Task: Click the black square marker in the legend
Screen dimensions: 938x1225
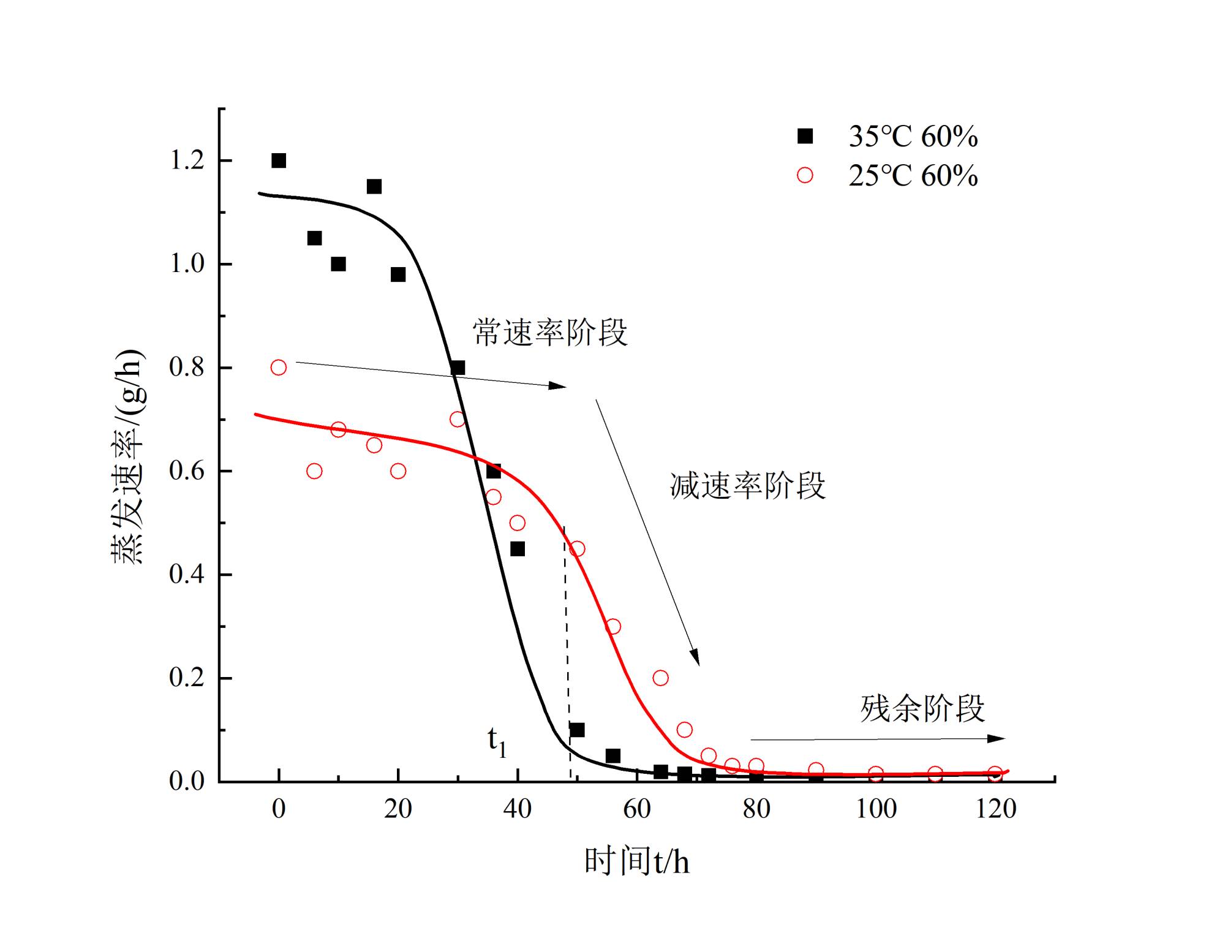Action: coord(805,136)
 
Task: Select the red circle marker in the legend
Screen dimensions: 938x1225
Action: coord(805,176)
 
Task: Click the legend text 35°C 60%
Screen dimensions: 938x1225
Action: coord(913,137)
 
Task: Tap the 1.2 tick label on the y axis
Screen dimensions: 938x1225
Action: coord(186,161)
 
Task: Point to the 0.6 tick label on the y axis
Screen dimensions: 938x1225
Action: coord(186,471)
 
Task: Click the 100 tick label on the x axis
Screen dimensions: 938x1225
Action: coord(876,809)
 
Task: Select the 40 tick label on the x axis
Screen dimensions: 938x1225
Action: coord(518,809)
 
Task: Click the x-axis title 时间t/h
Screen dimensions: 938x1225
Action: coord(637,861)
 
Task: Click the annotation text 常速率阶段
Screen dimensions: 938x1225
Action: coord(550,333)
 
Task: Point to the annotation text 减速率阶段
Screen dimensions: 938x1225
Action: coord(747,486)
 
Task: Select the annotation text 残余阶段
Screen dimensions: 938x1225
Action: coord(922,709)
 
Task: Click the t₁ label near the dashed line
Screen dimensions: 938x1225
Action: coord(497,742)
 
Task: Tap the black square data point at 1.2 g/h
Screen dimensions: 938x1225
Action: coord(279,161)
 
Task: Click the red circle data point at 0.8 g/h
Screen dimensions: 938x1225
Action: coord(279,368)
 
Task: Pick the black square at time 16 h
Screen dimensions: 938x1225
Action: coord(374,186)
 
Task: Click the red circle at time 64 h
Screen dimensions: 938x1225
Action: coord(660,678)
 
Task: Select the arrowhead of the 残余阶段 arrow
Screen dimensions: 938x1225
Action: coord(997,739)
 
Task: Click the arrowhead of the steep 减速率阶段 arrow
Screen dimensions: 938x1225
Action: coord(695,658)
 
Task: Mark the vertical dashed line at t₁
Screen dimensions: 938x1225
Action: coord(567,643)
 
